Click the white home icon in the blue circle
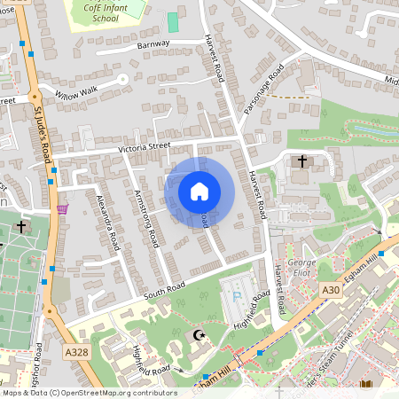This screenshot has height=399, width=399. click(x=199, y=192)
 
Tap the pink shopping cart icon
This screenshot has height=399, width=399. click(x=62, y=208)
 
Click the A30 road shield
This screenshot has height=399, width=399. click(x=331, y=290)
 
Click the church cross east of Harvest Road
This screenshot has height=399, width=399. click(x=302, y=162)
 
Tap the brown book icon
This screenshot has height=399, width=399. click(x=366, y=385)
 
